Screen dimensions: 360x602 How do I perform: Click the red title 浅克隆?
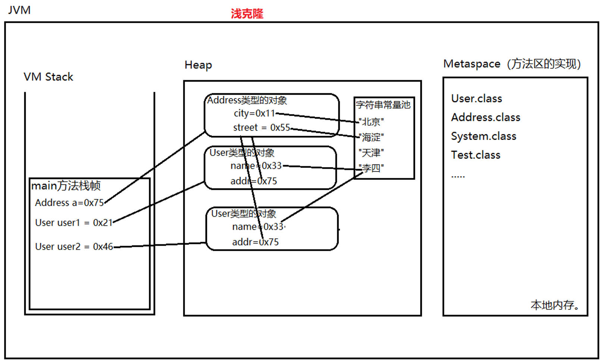pos(247,14)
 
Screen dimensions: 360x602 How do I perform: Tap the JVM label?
pos(19,10)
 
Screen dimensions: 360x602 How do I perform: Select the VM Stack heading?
pos(48,77)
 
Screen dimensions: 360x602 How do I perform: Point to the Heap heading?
pos(198,65)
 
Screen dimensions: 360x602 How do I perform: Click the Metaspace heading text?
pos(512,64)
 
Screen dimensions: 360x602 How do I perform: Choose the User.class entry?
pos(476,98)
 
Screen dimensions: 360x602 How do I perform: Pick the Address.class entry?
pos(485,117)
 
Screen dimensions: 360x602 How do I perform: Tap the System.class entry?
pos(483,136)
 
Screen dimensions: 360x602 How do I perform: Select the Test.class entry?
pos(476,155)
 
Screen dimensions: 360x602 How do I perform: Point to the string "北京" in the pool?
pos(371,122)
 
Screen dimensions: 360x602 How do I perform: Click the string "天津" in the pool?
pos(371,153)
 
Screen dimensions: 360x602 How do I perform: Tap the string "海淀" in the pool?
pos(371,137)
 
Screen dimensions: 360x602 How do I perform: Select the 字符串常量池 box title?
pos(383,105)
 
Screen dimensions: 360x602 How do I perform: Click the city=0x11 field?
pos(254,113)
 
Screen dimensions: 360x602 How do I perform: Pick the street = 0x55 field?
pos(261,128)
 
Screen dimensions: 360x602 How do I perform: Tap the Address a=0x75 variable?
pos(69,203)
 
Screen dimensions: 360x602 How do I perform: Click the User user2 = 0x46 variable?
pos(74,247)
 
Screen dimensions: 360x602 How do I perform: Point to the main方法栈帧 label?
pos(66,185)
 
